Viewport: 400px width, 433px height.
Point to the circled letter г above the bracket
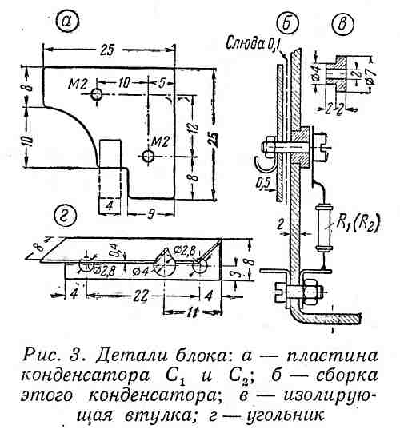coord(64,214)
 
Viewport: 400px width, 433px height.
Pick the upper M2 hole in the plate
coord(98,95)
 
